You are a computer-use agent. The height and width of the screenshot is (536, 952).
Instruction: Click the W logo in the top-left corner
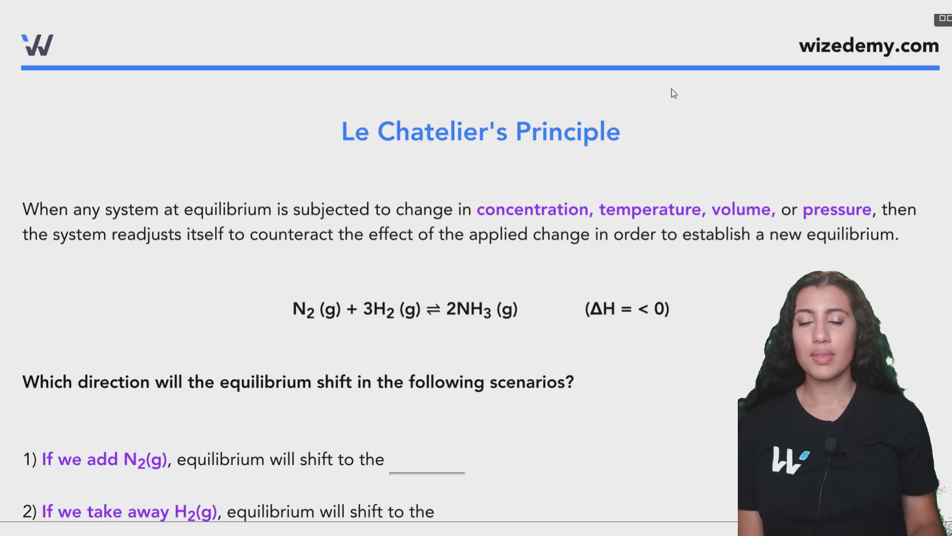tap(37, 45)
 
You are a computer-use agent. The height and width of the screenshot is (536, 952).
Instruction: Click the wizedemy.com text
tap(869, 46)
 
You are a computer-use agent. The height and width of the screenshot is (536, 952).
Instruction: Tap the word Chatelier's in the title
tap(442, 132)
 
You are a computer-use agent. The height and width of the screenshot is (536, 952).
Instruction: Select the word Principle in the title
tap(568, 132)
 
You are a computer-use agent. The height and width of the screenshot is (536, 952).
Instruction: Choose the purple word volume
tap(743, 209)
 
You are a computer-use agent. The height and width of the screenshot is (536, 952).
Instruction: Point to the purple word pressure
tap(837, 209)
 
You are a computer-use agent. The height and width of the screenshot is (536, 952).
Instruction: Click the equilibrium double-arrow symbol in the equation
tap(433, 310)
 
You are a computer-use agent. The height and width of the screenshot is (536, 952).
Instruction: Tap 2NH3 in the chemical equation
tap(468, 309)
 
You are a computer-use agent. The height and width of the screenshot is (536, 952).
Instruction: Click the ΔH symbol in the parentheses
tap(602, 309)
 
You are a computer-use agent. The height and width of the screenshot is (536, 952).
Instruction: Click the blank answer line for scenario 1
tap(427, 471)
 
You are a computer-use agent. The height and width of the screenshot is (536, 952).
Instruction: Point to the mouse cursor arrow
tap(674, 93)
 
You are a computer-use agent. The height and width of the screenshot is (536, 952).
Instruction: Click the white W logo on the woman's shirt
tap(789, 460)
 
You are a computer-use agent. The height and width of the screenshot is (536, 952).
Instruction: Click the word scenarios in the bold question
tap(531, 382)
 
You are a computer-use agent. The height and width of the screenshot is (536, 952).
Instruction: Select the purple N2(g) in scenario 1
tap(145, 460)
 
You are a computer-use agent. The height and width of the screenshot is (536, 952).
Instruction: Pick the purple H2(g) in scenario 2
tap(195, 512)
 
